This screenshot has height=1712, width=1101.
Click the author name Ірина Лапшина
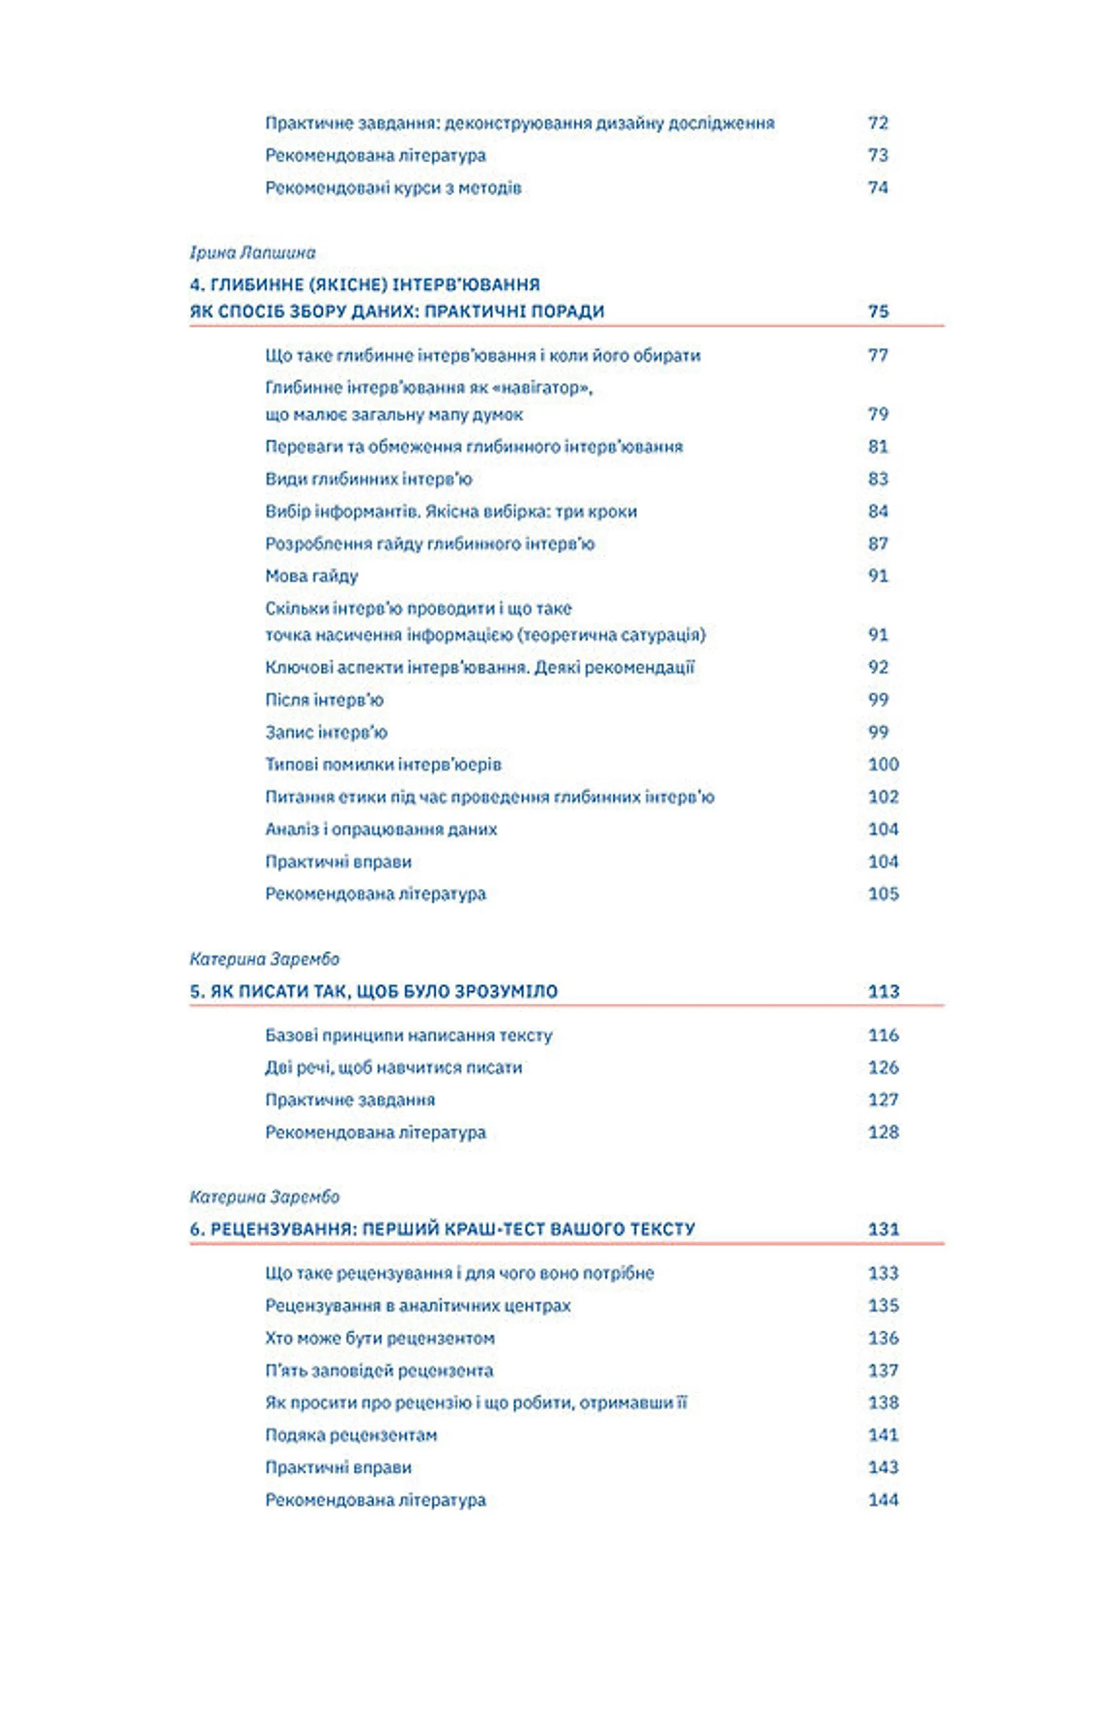click(x=252, y=252)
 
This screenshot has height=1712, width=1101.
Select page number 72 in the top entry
click(x=877, y=123)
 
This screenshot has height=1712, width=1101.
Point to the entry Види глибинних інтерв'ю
click(x=368, y=479)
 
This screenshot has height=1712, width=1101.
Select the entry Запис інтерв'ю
click(x=326, y=732)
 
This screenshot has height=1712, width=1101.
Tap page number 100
click(x=883, y=765)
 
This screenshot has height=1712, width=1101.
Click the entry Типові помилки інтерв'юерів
click(x=383, y=765)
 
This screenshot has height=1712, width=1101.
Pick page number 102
click(x=883, y=797)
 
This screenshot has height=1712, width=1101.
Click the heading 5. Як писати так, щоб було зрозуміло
click(x=373, y=991)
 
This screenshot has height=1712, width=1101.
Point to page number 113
click(x=883, y=991)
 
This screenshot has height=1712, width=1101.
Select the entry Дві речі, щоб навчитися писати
click(x=393, y=1068)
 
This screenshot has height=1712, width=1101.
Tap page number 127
click(x=883, y=1100)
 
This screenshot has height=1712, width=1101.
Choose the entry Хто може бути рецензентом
click(x=380, y=1338)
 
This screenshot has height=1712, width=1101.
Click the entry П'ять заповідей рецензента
click(x=379, y=1371)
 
